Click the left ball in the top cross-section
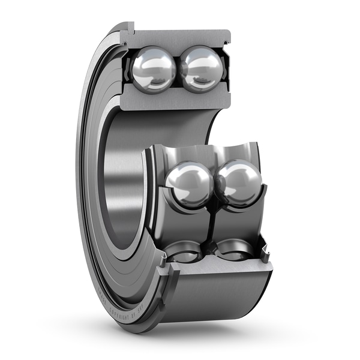(x=153, y=70)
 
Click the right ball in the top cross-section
(x=202, y=68)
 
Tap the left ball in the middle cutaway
(x=189, y=184)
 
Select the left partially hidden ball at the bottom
(x=184, y=251)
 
